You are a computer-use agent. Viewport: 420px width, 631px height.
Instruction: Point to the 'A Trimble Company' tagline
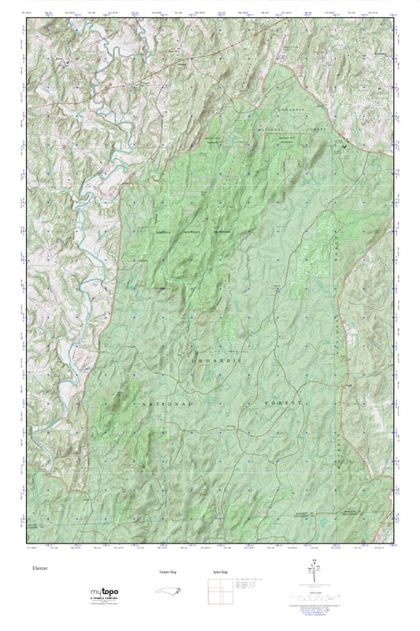(x=102, y=599)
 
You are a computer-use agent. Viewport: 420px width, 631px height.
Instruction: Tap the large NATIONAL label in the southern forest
(x=166, y=403)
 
